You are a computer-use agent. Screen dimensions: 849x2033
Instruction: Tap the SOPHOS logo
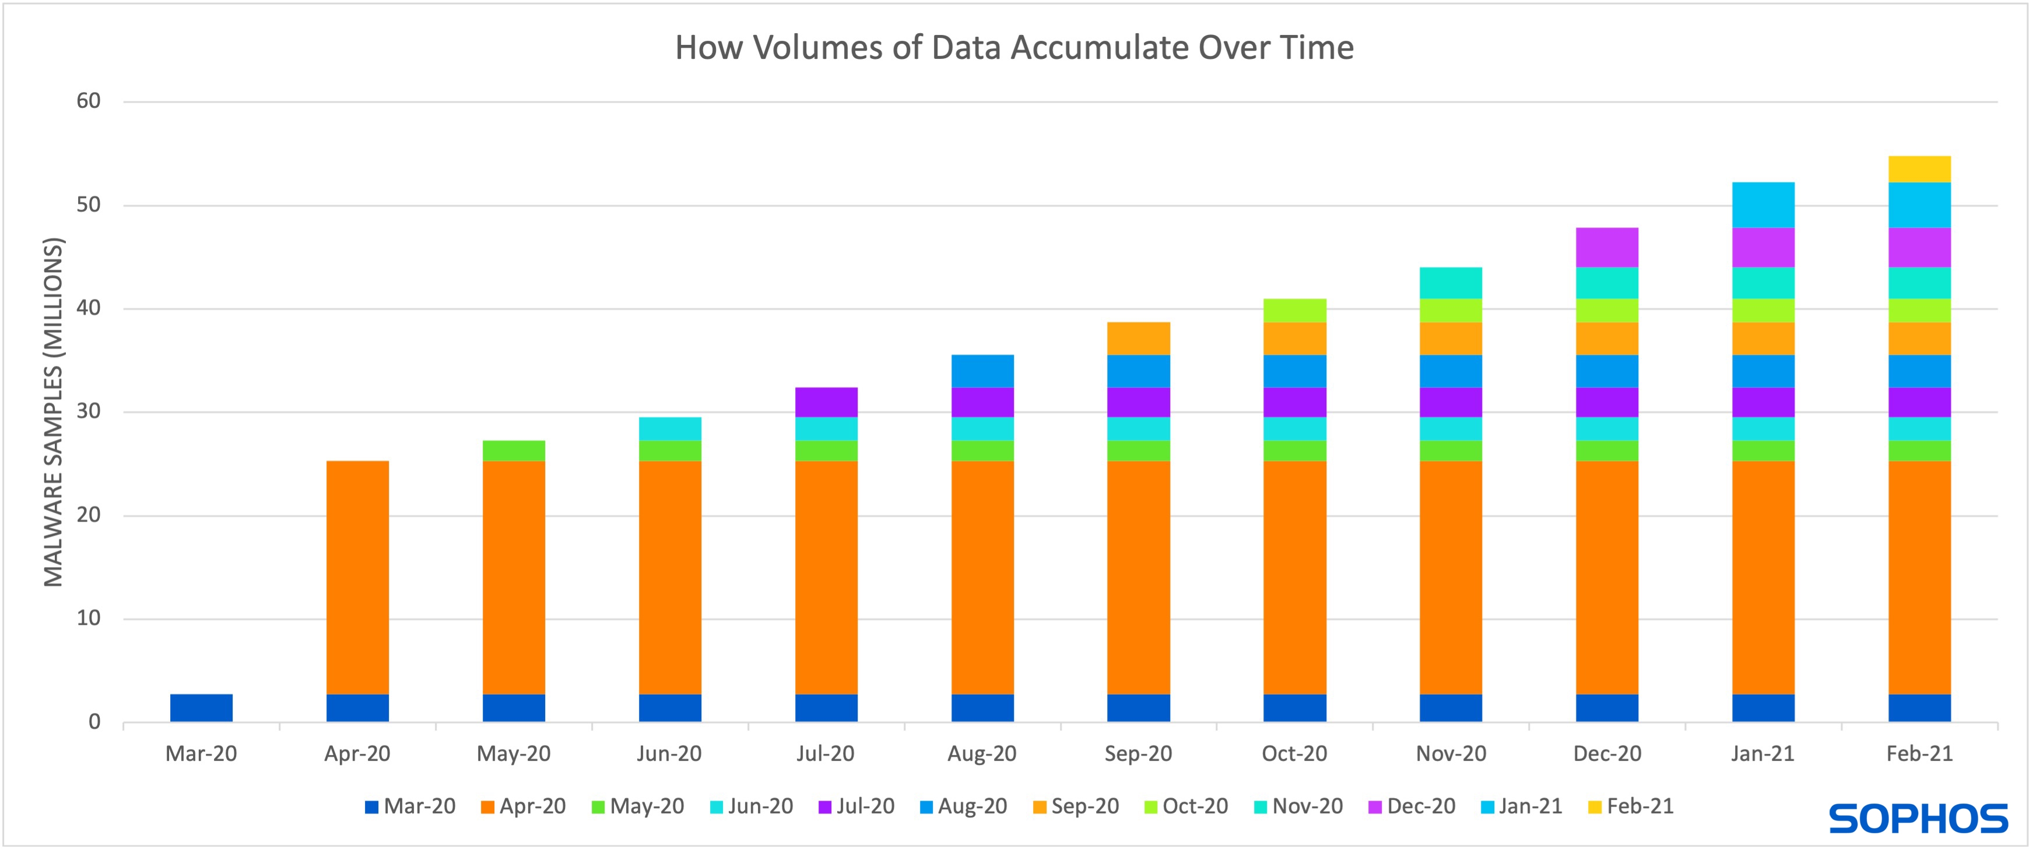tap(1919, 819)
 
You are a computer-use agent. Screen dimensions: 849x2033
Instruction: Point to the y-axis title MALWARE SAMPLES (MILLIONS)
tap(53, 413)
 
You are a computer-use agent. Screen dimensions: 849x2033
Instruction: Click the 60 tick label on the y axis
tap(89, 101)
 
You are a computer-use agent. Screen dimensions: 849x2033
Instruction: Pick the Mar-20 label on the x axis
tap(201, 753)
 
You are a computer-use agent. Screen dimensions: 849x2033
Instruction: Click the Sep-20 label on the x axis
tap(1138, 753)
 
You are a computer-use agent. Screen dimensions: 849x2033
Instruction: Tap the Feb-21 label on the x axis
tap(1919, 753)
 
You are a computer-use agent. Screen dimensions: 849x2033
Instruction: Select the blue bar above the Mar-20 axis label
tap(201, 708)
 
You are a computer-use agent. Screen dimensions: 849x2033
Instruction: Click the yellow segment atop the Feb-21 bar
tap(1919, 169)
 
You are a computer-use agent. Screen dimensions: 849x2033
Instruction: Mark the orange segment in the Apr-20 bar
tap(357, 577)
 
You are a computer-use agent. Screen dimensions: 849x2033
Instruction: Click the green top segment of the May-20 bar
tap(514, 450)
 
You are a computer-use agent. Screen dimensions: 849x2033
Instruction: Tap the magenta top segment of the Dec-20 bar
tap(1607, 247)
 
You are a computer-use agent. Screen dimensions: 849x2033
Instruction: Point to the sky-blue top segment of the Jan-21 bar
tap(1763, 205)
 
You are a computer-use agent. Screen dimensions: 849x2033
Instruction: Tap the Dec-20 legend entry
tap(1412, 806)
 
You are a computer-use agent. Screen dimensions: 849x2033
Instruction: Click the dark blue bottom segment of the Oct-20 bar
tap(1294, 708)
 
